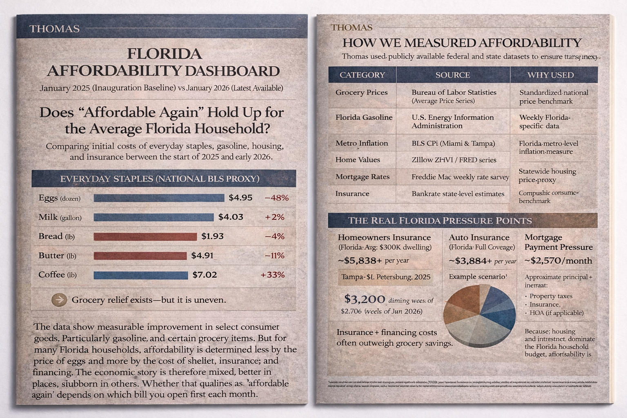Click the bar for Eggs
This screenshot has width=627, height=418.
(x=159, y=198)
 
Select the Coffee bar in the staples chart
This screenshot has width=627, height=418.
(x=140, y=275)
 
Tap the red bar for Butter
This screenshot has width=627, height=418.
(x=140, y=256)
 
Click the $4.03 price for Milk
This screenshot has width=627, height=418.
(x=231, y=217)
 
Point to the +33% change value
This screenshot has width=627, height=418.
(x=272, y=275)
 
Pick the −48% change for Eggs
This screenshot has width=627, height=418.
(x=276, y=198)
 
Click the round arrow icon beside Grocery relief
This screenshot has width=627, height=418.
(x=59, y=300)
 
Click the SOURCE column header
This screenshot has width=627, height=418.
(x=452, y=75)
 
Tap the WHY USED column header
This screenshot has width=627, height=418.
(x=550, y=75)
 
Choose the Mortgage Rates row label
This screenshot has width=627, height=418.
(x=362, y=177)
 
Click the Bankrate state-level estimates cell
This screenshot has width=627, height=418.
(x=458, y=194)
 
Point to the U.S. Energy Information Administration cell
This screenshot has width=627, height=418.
(x=452, y=122)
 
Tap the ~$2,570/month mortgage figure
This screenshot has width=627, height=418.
(x=558, y=261)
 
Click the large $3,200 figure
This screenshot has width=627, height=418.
(x=365, y=299)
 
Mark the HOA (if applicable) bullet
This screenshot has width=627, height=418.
(x=556, y=313)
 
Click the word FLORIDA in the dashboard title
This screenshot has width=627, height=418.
(x=165, y=54)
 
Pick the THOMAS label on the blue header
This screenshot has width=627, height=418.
(x=54, y=29)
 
